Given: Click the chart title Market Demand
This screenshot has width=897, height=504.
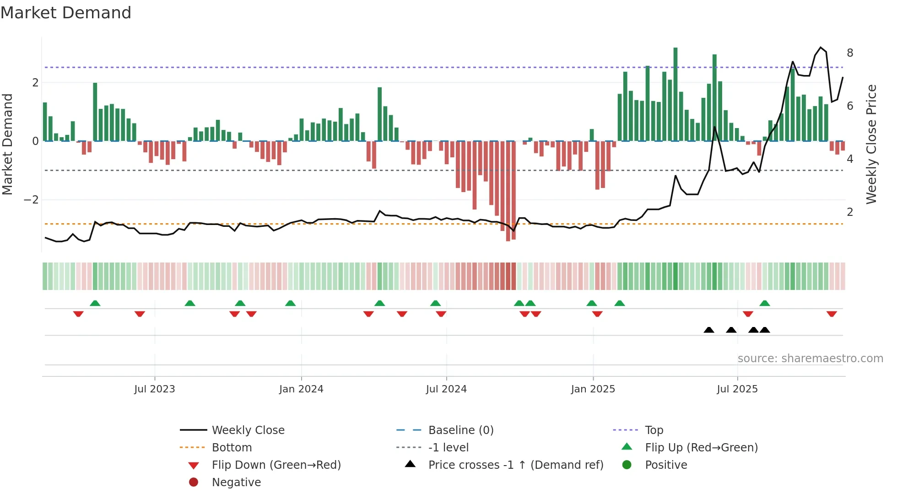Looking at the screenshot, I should coord(66,13).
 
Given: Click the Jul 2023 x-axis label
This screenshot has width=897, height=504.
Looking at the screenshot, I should coord(154,389).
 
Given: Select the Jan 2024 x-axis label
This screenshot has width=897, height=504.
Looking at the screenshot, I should coord(301,389).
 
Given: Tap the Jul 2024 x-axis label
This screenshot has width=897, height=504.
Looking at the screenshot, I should coord(446,389).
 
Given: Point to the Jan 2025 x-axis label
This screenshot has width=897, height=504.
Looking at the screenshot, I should coord(593,389).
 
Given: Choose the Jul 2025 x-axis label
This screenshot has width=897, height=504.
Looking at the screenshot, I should coord(737,389).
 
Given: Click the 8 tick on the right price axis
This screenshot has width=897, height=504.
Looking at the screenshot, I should coord(850,53).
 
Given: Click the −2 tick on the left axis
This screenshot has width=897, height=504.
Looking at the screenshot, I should coord(31,200).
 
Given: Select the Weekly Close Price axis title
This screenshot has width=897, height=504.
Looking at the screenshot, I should coord(871,144).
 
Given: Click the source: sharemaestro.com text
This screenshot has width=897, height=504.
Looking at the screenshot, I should coord(810,359).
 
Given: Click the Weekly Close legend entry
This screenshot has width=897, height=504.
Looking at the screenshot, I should coord(248,430).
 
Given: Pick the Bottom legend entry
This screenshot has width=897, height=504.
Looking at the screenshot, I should coord(232,448).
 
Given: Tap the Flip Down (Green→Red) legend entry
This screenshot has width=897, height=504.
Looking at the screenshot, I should coord(276,465).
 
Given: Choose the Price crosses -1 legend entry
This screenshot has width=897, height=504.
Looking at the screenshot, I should coord(515,465).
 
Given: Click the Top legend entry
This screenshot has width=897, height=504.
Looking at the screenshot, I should coord(654,430).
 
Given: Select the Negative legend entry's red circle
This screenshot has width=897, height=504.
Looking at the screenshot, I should coord(194,483).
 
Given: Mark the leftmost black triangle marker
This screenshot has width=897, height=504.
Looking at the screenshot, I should coord(709,330).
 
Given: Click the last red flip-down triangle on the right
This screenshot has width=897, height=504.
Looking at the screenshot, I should coord(832,314).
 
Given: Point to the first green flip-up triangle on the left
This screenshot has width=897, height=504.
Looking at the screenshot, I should coord(95,303).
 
